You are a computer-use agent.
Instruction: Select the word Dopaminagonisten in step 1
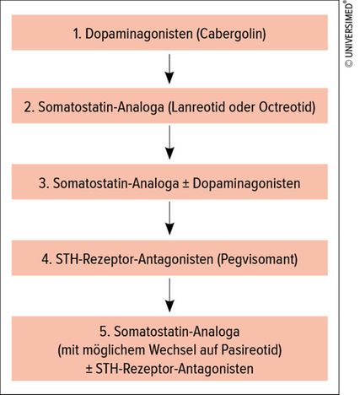(139, 34)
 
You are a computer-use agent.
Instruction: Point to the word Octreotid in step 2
(286, 107)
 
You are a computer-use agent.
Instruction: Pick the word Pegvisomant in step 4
(257, 259)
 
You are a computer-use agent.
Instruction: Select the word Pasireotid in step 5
(250, 350)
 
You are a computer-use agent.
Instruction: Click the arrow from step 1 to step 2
(169, 69)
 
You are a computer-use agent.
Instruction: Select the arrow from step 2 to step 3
(169, 143)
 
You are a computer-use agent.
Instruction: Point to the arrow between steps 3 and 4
(169, 219)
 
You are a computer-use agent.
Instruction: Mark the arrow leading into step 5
(169, 295)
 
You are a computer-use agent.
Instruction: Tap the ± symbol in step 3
(185, 184)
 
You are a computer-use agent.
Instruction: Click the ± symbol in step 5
(89, 369)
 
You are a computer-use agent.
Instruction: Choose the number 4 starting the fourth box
(46, 259)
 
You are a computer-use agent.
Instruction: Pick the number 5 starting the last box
(105, 332)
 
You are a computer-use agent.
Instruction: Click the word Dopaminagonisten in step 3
(246, 183)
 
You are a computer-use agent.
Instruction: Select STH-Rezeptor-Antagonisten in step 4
(134, 259)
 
